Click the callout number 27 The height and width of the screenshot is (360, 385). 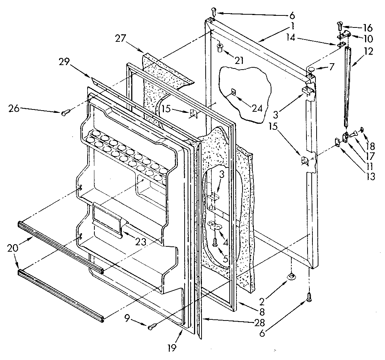point(121,38)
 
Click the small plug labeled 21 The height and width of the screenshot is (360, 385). point(220,47)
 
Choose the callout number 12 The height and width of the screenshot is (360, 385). point(368,51)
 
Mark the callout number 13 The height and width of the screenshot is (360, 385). point(371,176)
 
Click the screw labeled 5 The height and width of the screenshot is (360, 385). point(215,243)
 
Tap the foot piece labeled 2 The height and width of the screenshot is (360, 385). point(291,276)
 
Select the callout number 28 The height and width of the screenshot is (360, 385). point(259,323)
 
